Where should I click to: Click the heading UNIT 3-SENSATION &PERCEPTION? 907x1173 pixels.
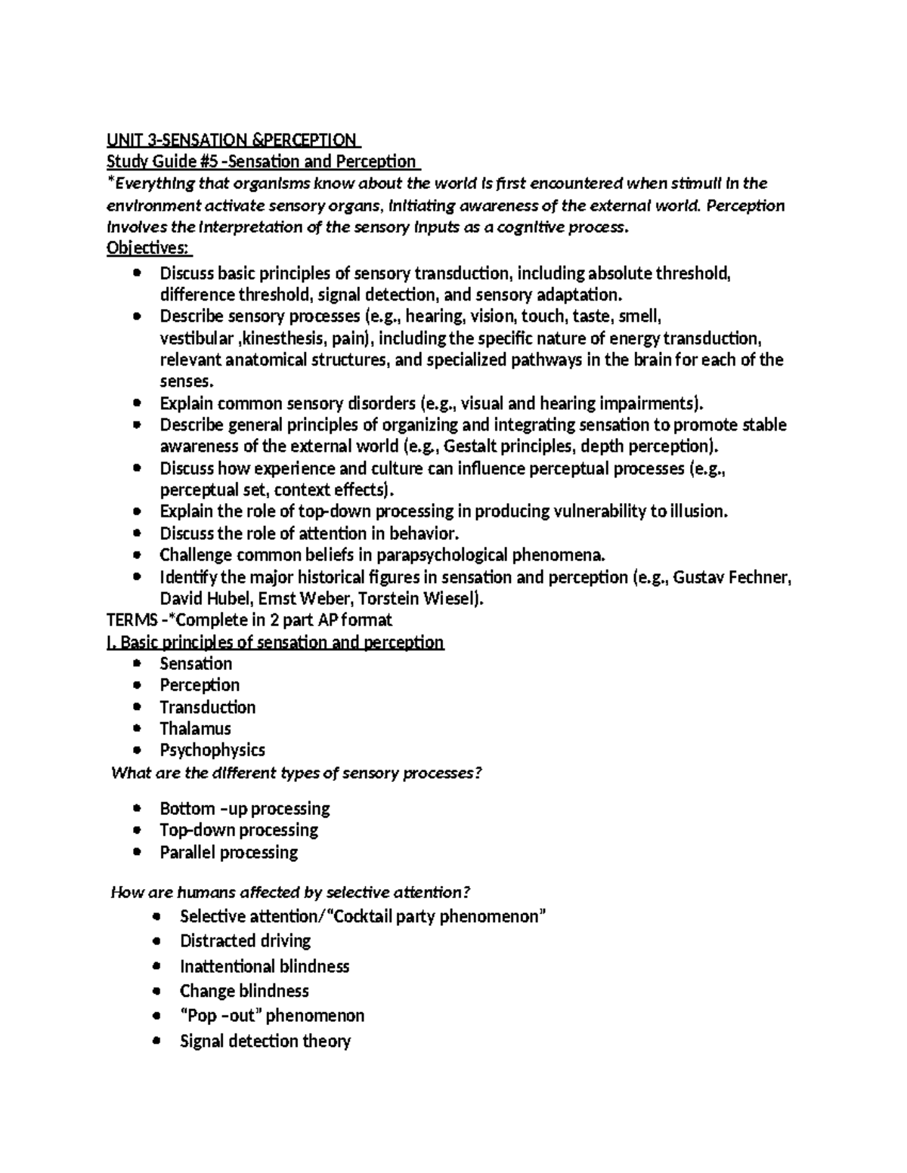point(233,140)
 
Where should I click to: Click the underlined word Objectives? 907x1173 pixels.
point(149,248)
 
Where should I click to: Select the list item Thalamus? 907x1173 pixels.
point(195,729)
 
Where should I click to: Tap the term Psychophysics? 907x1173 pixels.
point(212,750)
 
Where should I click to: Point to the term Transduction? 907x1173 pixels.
point(207,707)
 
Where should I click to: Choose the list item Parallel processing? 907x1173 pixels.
point(228,852)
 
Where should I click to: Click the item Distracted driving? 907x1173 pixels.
point(245,941)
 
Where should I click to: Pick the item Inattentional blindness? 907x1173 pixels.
point(264,966)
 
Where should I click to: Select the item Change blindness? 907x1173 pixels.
point(243,991)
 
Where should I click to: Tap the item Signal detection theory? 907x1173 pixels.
point(265,1042)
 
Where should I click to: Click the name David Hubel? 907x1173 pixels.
point(206,600)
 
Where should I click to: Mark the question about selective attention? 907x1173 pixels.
point(290,893)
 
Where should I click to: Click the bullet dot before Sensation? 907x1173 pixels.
point(136,664)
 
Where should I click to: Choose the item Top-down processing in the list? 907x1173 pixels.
point(238,830)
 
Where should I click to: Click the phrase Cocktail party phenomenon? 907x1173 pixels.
point(439,917)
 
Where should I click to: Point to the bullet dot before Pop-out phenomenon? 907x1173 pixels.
point(156,1016)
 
